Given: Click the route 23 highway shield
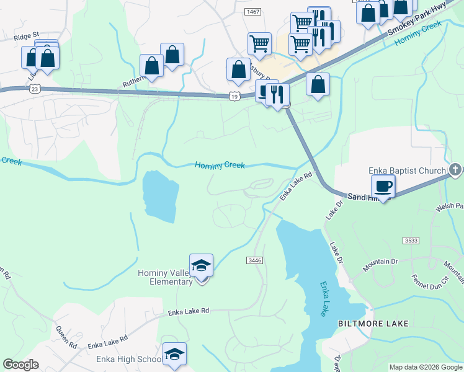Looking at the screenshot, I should pos(34,89).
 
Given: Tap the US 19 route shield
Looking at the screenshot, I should pos(234,96).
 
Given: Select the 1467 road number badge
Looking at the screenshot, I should pos(252,12).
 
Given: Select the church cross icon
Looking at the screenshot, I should pos(455,169).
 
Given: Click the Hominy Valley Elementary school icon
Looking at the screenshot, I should pos(201,266).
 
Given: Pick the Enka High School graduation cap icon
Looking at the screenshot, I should pos(174,354).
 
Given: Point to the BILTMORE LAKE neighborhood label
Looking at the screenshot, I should pos(373,324).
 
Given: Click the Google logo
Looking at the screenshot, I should pos(21,365).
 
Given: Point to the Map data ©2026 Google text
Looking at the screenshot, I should pos(426,367).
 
